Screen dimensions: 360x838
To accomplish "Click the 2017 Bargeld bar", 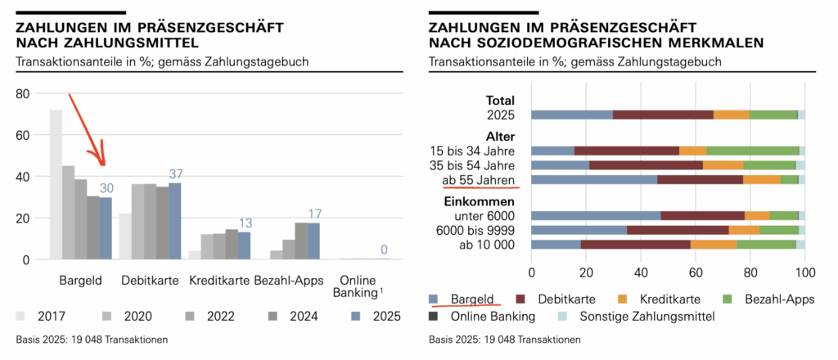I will (56, 185).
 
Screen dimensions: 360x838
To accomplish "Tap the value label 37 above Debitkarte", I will (175, 174).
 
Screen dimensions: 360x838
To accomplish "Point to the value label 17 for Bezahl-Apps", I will (314, 214).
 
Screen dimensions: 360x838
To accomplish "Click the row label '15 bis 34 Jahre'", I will (472, 151).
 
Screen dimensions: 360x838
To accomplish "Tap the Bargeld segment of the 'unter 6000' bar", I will (596, 215).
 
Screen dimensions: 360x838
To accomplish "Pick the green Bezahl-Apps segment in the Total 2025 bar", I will (773, 115).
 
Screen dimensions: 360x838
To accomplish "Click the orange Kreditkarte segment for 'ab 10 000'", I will (714, 244).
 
